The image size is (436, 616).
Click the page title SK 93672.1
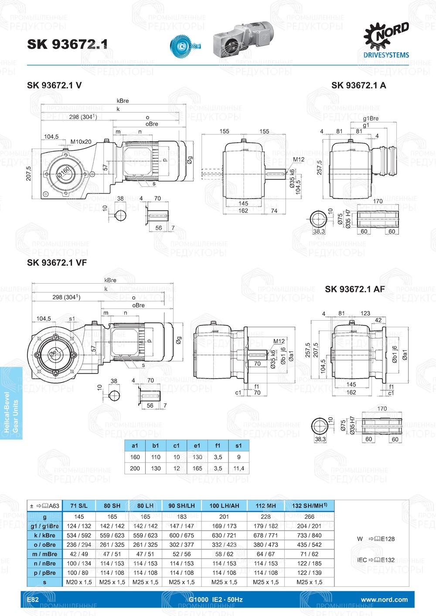click(x=67, y=44)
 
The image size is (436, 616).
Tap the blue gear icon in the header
click(x=184, y=44)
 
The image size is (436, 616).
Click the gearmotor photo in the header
click(x=244, y=40)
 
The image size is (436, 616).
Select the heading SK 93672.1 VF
click(x=57, y=263)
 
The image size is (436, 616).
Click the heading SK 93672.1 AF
click(x=354, y=289)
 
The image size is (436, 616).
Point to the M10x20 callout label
click(x=81, y=142)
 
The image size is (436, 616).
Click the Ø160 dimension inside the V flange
click(x=64, y=171)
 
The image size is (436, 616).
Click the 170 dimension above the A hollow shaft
click(x=378, y=201)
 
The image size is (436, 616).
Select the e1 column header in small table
click(x=197, y=446)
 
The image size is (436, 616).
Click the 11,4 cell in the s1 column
click(x=238, y=468)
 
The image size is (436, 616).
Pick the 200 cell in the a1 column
click(x=135, y=468)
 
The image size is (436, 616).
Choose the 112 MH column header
click(x=266, y=506)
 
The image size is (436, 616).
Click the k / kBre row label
click(x=44, y=535)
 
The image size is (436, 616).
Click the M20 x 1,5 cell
click(x=79, y=582)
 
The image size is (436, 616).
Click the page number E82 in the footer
click(x=33, y=599)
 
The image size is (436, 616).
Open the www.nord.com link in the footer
click(x=384, y=599)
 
